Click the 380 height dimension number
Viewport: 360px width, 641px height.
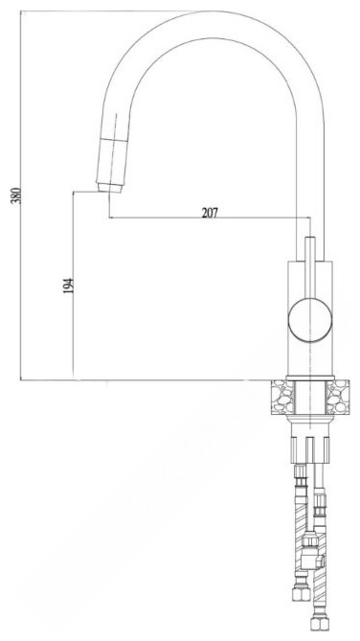click(15, 196)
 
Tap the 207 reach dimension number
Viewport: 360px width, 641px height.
click(210, 213)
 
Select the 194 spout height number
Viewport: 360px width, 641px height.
click(68, 286)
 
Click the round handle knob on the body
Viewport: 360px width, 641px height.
click(310, 320)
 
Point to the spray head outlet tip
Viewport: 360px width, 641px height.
click(110, 188)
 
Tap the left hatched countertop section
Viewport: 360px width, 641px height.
click(281, 397)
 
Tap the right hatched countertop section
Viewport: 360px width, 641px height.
click(338, 397)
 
